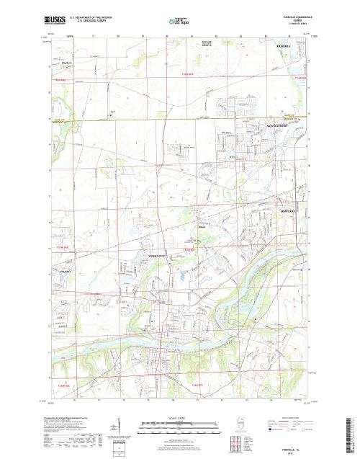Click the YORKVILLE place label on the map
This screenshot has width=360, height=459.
pyautogui.click(x=156, y=256)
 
